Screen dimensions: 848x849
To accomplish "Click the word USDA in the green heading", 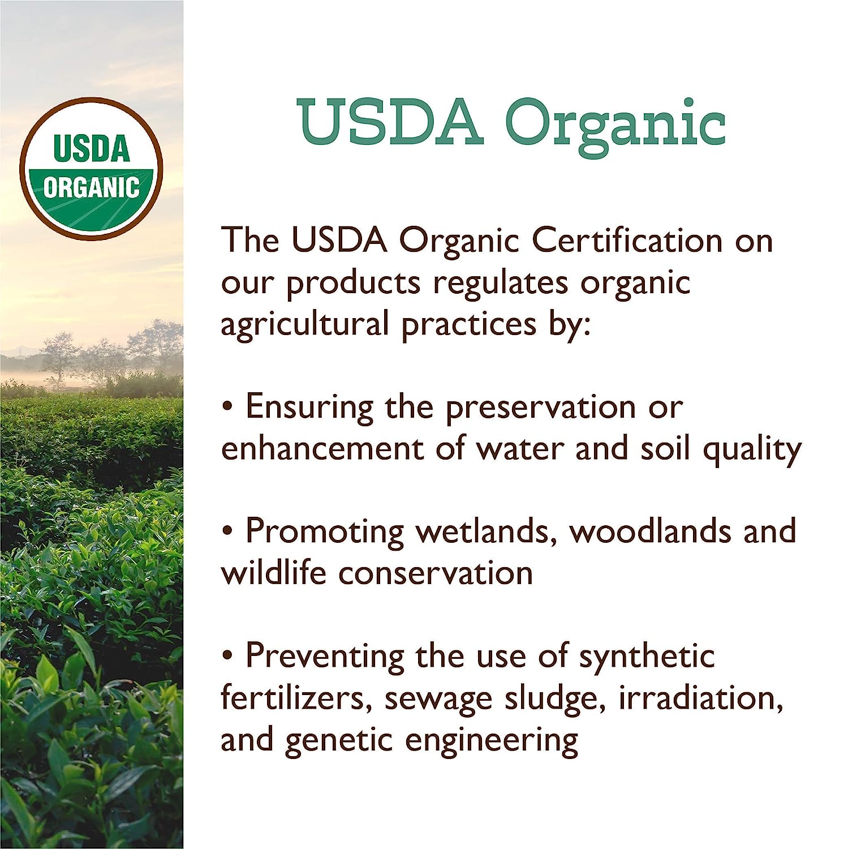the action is point(390,121).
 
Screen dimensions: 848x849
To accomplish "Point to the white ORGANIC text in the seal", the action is point(92,187).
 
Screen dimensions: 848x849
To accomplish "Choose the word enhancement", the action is point(321,448).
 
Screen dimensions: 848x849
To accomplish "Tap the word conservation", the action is point(436,573).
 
